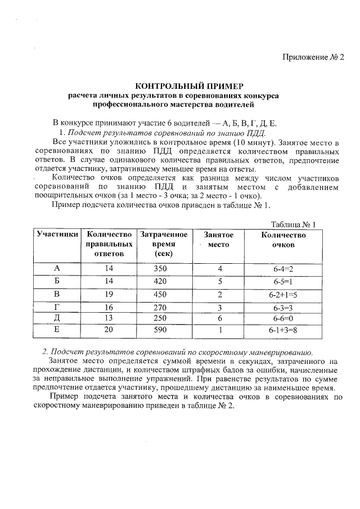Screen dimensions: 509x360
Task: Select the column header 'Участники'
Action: point(57,235)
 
